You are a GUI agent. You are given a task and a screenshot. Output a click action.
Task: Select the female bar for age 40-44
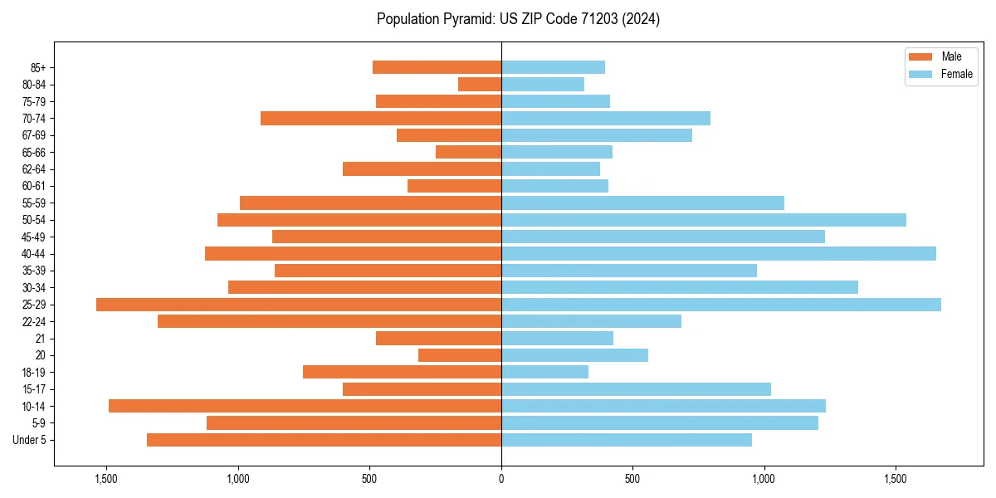pyautogui.click(x=719, y=254)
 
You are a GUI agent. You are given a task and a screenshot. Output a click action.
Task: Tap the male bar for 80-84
pyautogui.click(x=480, y=85)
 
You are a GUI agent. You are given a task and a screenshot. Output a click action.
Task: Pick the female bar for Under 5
pyautogui.click(x=627, y=440)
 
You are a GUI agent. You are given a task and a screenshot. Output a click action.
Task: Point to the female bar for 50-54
pyautogui.click(x=704, y=220)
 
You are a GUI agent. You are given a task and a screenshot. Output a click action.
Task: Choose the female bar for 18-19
pyautogui.click(x=545, y=372)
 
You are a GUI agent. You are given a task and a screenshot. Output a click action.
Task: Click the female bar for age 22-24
pyautogui.click(x=591, y=321)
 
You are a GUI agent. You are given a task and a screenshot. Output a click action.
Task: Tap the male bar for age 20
pyautogui.click(x=460, y=355)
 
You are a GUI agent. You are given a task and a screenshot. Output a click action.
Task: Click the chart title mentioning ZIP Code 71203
pyautogui.click(x=518, y=19)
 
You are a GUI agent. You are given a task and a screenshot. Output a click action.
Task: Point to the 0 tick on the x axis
pyautogui.click(x=501, y=479)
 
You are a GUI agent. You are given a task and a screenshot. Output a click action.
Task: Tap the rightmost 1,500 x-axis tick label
pyautogui.click(x=896, y=479)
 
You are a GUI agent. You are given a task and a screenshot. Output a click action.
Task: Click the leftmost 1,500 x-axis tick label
pyautogui.click(x=106, y=479)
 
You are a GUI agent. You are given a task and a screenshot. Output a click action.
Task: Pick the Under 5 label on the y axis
pyautogui.click(x=30, y=440)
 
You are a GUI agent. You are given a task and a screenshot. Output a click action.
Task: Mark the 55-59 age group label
pyautogui.click(x=34, y=203)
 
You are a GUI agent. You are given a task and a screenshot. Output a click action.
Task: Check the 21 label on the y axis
pyautogui.click(x=41, y=339)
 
